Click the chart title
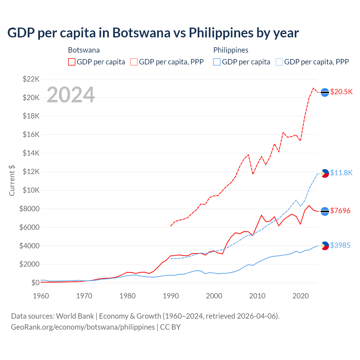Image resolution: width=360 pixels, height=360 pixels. (153, 33)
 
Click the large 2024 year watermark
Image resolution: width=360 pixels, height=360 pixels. (71, 95)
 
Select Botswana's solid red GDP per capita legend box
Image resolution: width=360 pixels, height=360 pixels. (72, 62)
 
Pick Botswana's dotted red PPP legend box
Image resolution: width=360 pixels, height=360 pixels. (134, 62)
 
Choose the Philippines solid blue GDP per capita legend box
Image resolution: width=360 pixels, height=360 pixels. (217, 62)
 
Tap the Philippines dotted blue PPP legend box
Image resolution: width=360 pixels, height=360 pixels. (279, 62)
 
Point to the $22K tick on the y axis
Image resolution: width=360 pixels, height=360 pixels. (31, 79)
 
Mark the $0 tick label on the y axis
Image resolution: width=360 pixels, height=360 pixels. (35, 283)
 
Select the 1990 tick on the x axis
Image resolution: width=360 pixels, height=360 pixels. (171, 296)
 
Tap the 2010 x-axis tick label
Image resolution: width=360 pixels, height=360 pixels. (257, 296)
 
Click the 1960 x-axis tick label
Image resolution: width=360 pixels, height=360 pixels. (41, 296)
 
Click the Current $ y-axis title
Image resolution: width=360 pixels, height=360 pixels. (12, 181)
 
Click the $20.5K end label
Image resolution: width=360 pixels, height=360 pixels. (341, 92)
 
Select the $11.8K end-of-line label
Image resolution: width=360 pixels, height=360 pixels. (341, 173)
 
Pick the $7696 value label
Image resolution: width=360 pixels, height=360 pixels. (340, 211)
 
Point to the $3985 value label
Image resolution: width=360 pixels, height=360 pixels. (340, 246)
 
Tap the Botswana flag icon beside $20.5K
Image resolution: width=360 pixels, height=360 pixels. (325, 92)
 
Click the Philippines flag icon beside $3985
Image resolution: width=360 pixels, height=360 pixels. (325, 246)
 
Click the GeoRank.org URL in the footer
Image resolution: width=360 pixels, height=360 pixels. (83, 327)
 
